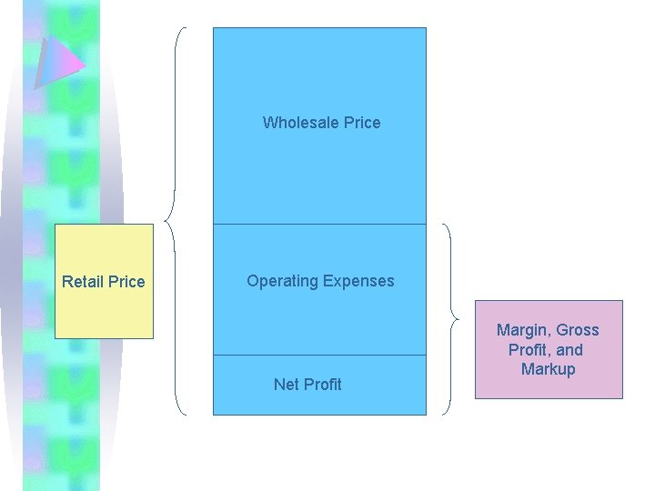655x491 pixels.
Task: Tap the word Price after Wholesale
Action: point(361,123)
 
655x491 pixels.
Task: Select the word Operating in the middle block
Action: point(279,281)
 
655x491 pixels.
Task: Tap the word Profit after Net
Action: point(323,385)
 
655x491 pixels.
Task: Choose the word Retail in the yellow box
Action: point(83,282)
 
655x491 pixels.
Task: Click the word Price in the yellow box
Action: point(126,282)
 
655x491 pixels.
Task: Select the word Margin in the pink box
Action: point(521,330)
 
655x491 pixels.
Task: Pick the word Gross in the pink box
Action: point(578,330)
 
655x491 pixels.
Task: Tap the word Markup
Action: point(549,369)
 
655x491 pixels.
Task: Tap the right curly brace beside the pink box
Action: point(450,318)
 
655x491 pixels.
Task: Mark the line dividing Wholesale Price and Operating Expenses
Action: point(319,224)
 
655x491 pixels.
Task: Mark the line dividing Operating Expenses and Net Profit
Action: point(319,355)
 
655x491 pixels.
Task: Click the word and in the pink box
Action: point(570,350)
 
